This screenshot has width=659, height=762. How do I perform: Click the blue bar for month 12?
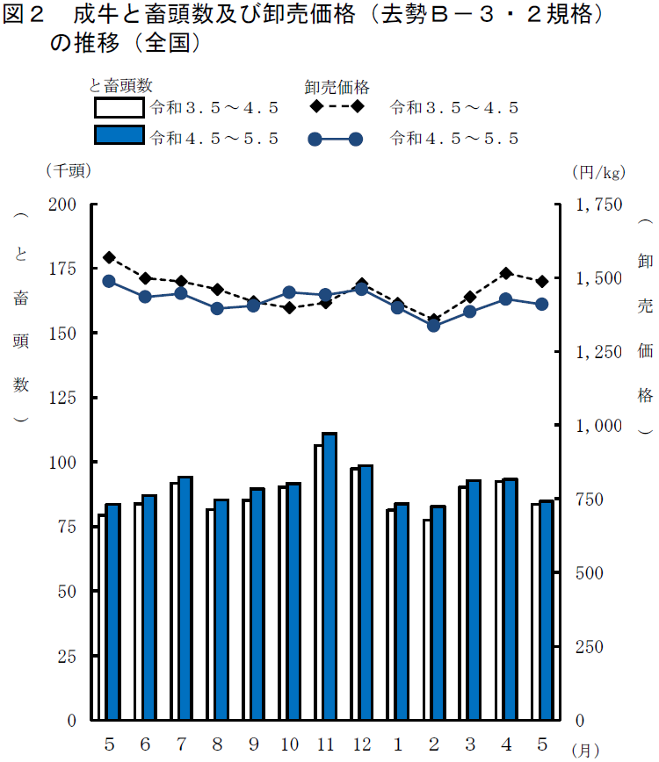tap(366, 593)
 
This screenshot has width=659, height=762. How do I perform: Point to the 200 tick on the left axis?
tap(68, 204)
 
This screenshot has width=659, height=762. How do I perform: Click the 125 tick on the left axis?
tap(68, 398)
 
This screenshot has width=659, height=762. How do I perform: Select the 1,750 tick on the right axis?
tap(598, 204)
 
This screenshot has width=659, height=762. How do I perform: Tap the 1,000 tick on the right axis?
tap(598, 426)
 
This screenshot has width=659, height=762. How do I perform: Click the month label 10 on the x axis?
tap(289, 744)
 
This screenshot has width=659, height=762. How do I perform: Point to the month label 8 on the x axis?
tap(216, 744)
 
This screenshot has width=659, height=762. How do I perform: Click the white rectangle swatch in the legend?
tap(119, 108)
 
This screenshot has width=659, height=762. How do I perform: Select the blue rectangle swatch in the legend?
tap(119, 136)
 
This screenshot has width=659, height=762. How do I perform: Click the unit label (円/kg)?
tap(596, 171)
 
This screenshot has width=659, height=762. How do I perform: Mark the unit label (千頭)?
tap(68, 171)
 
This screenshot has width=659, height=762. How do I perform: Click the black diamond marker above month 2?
tap(433, 320)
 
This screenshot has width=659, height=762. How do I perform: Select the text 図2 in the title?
tap(25, 17)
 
